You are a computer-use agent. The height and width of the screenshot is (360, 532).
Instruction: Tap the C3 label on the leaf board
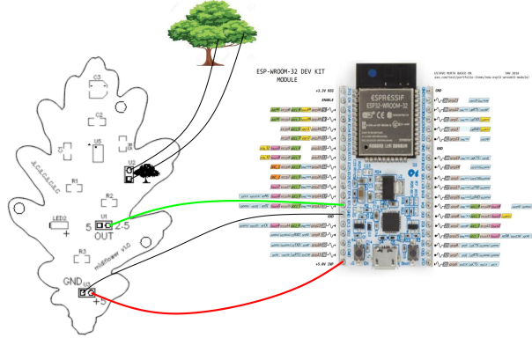99,78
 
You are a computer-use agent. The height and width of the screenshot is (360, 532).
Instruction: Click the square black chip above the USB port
388,187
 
